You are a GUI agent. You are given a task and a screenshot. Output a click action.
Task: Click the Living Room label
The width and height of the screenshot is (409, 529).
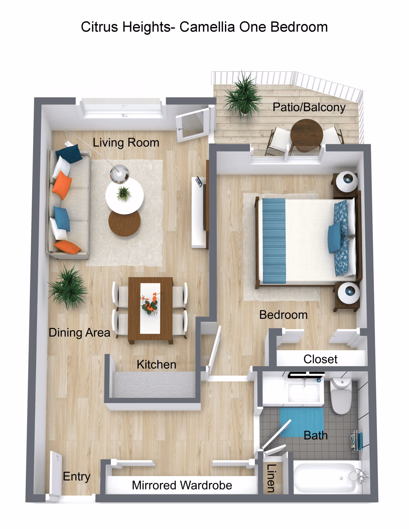126,143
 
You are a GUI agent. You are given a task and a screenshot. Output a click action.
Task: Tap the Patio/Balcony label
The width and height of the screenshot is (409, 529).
309,107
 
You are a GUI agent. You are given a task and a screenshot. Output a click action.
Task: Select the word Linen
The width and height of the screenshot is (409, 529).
271,478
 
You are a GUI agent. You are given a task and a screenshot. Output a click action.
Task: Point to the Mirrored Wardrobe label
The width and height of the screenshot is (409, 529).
182,485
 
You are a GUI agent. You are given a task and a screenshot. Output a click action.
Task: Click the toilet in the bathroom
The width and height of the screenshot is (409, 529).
341,397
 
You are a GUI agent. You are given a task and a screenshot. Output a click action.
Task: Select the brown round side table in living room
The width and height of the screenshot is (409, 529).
124,223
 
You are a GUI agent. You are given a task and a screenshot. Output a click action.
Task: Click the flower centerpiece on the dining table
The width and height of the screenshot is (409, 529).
150,304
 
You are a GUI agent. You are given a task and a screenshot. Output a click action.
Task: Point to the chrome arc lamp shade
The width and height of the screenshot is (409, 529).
119,174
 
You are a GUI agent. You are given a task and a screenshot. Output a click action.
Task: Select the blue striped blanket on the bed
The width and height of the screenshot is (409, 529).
274,241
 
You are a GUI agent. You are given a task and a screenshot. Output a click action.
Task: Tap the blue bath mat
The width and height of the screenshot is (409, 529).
301,421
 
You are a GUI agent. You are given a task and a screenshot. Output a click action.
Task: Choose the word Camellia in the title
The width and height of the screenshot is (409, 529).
207,27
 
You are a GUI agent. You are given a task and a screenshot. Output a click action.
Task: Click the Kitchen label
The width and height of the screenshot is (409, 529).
156,364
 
